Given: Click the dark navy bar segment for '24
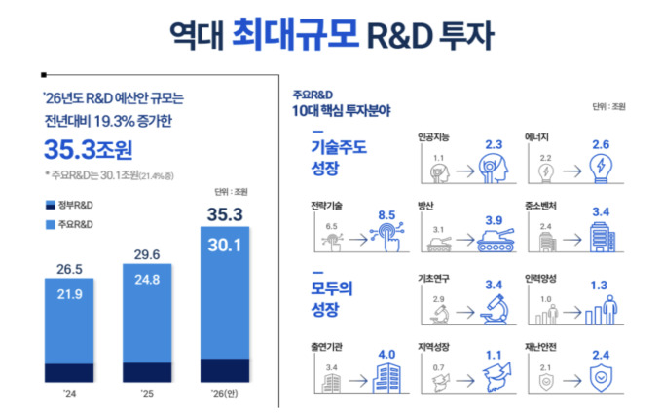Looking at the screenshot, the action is [69, 372].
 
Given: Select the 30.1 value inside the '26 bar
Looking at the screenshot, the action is [225, 245].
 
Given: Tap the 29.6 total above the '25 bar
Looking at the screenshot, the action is [147, 254].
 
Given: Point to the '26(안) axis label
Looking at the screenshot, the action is [225, 394].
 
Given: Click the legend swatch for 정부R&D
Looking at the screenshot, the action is [51, 206].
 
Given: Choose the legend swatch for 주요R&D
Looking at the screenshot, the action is [51, 225].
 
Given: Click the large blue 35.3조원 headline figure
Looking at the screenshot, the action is [89, 149].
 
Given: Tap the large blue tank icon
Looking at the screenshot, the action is [496, 240].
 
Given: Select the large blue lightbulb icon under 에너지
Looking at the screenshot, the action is [601, 169].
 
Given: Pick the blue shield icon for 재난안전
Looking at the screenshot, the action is [601, 378].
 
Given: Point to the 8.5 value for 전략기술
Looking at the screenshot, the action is [386, 215].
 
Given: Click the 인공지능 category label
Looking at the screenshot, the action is [433, 137].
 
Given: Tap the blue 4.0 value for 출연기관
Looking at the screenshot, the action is [386, 355].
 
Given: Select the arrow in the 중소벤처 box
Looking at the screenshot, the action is [572, 240].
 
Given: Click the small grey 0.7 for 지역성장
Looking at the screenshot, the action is [438, 368].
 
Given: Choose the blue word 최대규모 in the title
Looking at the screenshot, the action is [295, 34].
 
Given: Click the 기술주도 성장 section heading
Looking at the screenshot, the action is [339, 158].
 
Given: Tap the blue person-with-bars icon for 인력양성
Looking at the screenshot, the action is [602, 311].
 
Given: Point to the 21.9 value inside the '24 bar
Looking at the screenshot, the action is [70, 294].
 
